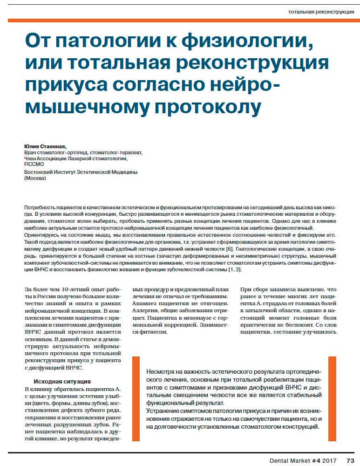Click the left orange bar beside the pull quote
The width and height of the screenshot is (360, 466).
(x=136, y=399)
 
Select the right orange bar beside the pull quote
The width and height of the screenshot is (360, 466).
(x=332, y=399)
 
